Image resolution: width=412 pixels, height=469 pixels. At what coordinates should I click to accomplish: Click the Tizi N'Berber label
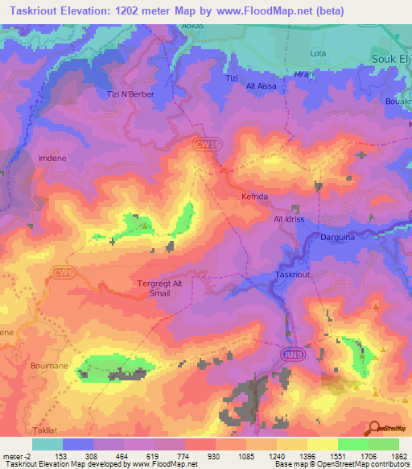(130, 94)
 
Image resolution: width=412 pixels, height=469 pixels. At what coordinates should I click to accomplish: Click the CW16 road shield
(206, 143)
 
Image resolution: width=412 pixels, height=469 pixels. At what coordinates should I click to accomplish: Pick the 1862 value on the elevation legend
(398, 457)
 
